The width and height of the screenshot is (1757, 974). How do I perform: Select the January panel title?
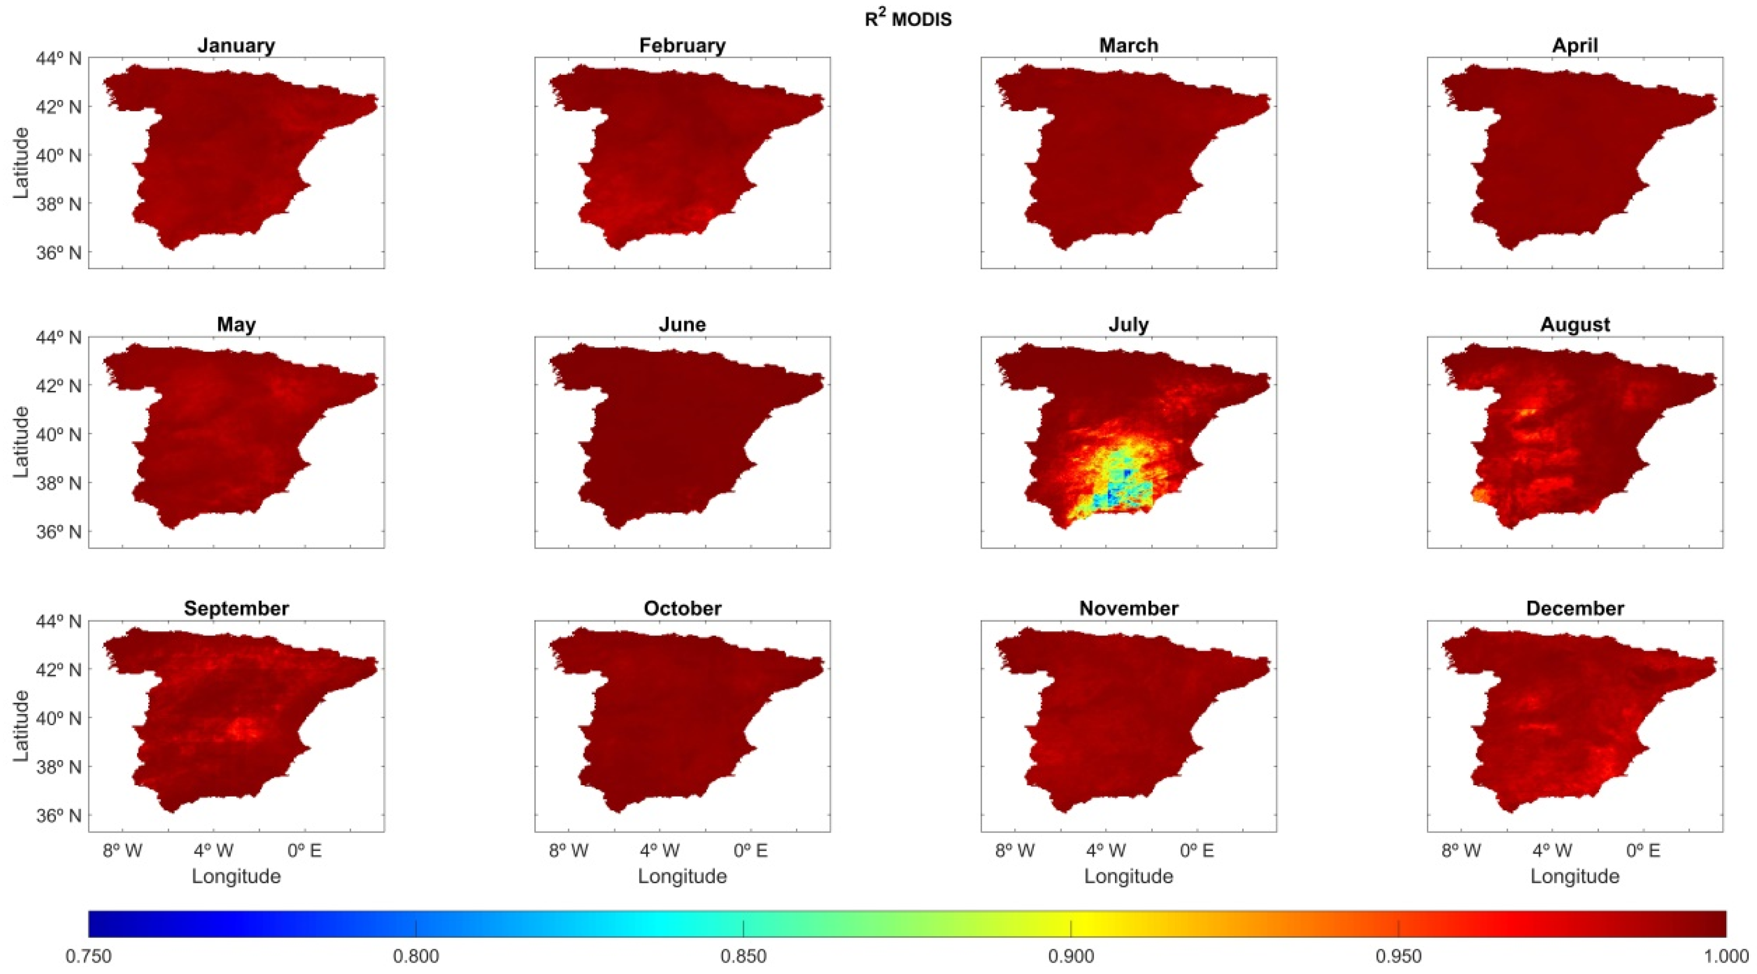click(236, 45)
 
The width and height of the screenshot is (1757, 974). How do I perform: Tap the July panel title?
click(1128, 324)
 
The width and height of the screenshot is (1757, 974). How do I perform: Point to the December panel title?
click(1574, 608)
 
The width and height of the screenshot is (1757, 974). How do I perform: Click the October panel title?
click(682, 608)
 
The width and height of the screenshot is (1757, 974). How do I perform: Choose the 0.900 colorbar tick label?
click(1071, 956)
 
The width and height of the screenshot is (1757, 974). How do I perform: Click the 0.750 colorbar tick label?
click(89, 956)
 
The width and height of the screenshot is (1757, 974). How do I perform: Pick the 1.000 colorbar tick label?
click(1726, 956)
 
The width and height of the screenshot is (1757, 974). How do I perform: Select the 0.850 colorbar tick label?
click(744, 956)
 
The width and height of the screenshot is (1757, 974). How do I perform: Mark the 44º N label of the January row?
click(58, 58)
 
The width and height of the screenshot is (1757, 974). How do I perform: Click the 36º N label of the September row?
click(58, 815)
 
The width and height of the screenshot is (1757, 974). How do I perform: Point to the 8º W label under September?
click(123, 850)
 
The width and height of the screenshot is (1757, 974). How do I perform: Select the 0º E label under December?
click(1643, 850)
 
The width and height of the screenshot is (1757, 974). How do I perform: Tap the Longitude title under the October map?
click(682, 876)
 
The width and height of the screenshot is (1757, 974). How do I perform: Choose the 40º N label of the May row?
click(58, 434)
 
